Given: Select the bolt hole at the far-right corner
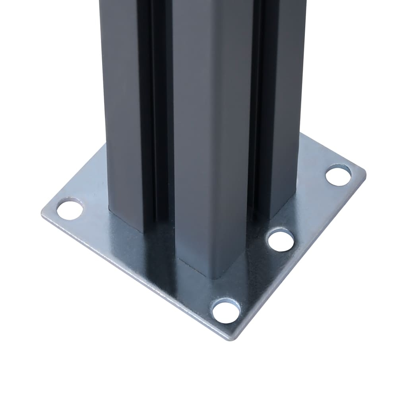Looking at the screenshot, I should click(338, 175).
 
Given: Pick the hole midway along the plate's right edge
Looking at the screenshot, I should click(281, 240).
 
